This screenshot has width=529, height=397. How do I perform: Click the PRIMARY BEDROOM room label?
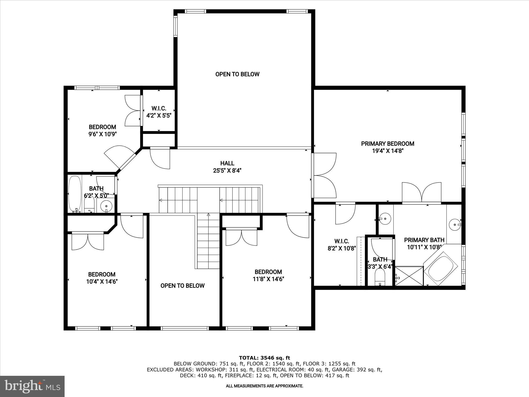click(387, 144)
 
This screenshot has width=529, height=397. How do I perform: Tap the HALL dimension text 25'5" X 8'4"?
click(227, 171)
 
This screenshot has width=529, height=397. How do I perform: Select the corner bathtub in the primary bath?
click(441, 269)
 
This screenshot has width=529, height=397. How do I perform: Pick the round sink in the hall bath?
click(106, 206)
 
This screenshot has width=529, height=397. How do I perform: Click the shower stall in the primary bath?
click(409, 276)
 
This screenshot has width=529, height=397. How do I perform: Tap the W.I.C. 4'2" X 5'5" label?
click(159, 112)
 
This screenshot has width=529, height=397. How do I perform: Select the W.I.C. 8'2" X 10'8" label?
click(342, 245)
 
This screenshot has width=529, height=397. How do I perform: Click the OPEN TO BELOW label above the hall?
click(237, 74)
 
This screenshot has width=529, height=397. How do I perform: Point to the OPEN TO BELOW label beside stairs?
click(182, 286)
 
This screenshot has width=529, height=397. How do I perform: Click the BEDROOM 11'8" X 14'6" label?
click(268, 276)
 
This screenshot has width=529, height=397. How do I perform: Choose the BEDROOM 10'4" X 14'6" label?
click(102, 278)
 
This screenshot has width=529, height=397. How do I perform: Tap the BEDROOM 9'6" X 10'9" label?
click(102, 131)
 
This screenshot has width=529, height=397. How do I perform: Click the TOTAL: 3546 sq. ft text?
click(264, 358)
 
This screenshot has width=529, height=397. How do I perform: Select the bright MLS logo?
click(32, 386)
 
